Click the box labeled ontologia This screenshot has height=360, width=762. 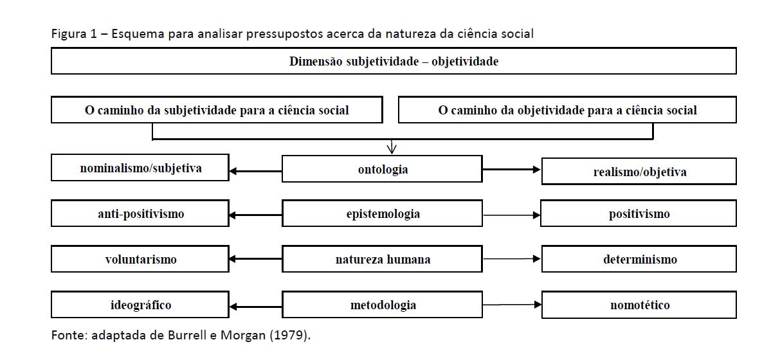click(382, 169)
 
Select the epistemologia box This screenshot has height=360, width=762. click(382, 213)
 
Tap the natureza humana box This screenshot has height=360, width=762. click(382, 259)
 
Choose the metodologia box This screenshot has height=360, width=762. click(382, 305)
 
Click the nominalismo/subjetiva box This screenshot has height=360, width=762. click(140, 168)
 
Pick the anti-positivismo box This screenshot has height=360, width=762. click(140, 213)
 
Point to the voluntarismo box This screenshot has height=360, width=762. click(140, 259)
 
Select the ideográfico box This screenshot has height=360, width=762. click(140, 305)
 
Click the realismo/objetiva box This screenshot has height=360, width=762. click(639, 172)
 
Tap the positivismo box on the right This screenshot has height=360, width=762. click(639, 213)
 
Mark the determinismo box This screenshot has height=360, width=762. click(639, 259)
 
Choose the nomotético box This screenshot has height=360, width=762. click(639, 305)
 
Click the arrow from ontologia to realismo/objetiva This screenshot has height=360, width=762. click(512, 169)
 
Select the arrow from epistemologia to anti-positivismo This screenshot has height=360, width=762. click(255, 214)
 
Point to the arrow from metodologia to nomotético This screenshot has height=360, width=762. click(512, 305)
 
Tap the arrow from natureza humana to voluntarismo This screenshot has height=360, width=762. click(255, 259)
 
